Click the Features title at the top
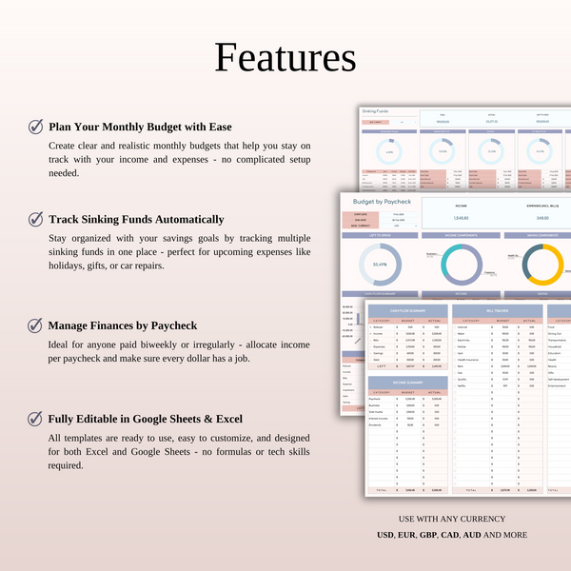[285, 57]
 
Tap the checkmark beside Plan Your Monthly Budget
[35, 127]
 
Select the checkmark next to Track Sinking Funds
[35, 219]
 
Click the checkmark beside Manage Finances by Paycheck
[35, 325]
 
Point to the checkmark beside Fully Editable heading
[35, 418]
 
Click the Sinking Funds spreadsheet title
[376, 111]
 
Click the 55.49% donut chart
[380, 265]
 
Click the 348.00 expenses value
[543, 217]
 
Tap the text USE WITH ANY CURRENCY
[451, 519]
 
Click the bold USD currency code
[385, 535]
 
